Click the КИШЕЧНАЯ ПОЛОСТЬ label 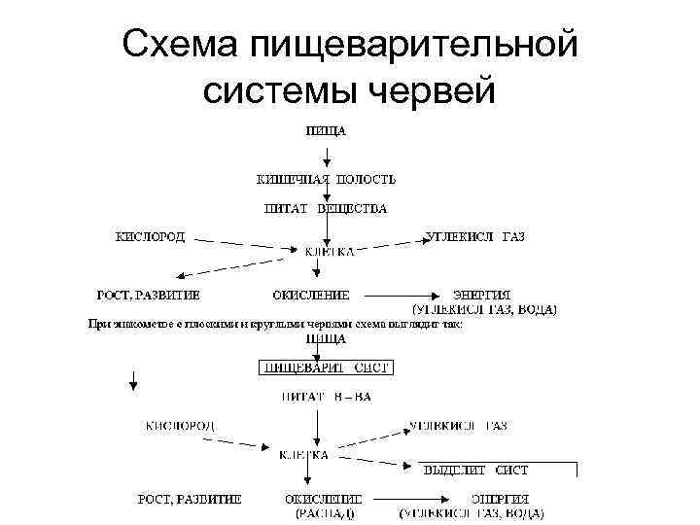click(326, 179)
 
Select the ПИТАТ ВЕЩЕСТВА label click(326, 208)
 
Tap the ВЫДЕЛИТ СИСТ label click(475, 470)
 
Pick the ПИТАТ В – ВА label click(326, 397)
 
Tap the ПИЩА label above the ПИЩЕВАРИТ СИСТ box click(326, 338)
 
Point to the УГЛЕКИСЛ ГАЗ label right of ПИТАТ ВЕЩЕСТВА click(475, 236)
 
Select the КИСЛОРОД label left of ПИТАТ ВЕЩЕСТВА click(151, 236)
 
